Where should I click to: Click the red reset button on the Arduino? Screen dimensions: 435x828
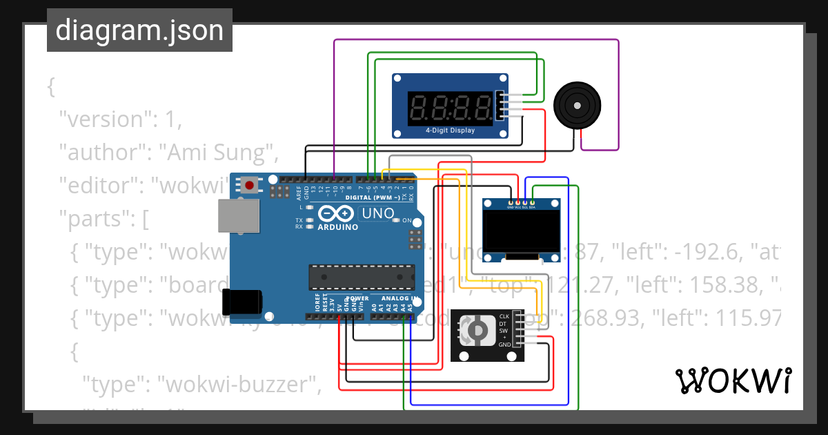click(x=248, y=184)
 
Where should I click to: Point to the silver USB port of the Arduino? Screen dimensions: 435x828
click(x=239, y=215)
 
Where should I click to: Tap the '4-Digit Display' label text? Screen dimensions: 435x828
click(x=450, y=130)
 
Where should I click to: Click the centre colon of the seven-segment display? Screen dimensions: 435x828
click(x=451, y=107)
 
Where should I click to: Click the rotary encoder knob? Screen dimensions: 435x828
click(x=475, y=332)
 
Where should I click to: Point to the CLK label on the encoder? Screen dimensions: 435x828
click(x=504, y=317)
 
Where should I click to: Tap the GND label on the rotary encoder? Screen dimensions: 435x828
click(x=505, y=344)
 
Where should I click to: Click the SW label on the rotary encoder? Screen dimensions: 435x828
click(x=504, y=331)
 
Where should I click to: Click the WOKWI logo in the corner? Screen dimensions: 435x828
click(x=733, y=380)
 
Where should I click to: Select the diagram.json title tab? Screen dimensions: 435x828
click(x=139, y=30)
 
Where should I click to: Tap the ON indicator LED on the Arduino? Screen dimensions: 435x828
click(x=396, y=220)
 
